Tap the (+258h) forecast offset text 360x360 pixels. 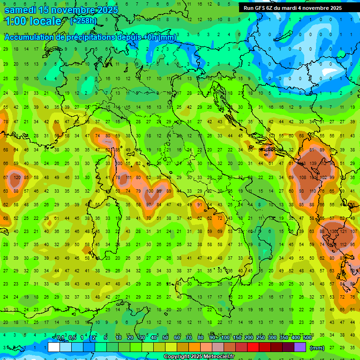point(83,21)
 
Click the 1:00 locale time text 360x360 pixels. point(33,21)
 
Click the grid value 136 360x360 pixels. point(334,232)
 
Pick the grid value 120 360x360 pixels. point(17,178)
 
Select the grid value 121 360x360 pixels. point(344,232)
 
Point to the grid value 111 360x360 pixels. point(128,178)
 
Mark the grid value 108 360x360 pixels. point(302,178)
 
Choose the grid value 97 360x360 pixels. point(149,205)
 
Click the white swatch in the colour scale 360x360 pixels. point(54,347)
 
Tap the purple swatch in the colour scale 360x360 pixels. point(300,347)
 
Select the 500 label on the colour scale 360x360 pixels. point(307,338)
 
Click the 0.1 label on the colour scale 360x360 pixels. point(60,338)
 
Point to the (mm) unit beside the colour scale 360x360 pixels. point(317,348)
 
